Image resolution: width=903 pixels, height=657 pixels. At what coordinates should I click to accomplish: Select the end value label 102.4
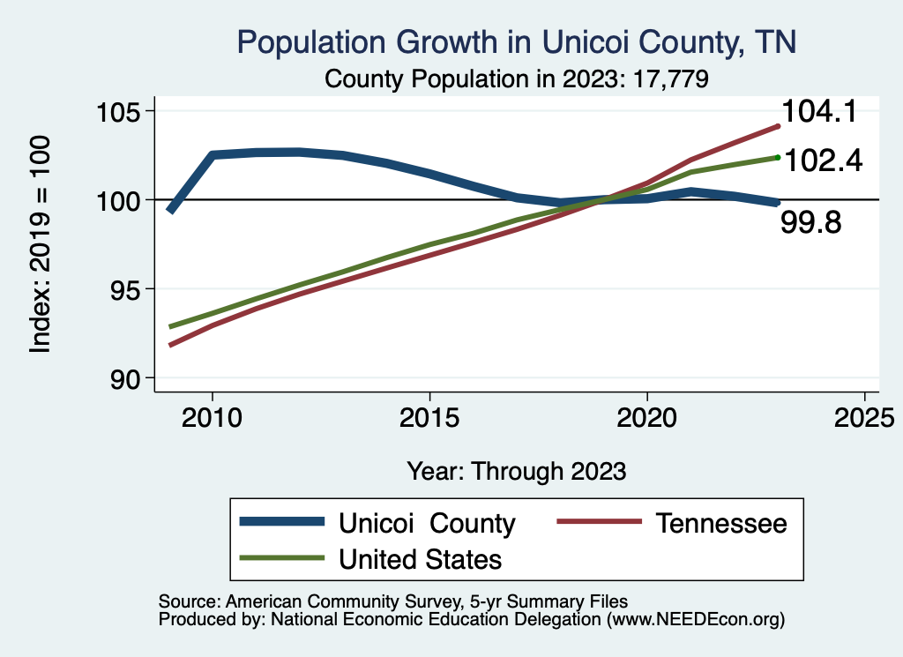[x=822, y=161]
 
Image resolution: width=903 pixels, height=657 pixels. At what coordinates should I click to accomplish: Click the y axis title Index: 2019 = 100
[x=41, y=244]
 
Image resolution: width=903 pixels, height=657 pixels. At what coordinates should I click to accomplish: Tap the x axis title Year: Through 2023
[x=517, y=471]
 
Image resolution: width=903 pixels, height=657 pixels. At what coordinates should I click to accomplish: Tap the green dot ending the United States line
[x=777, y=157]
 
